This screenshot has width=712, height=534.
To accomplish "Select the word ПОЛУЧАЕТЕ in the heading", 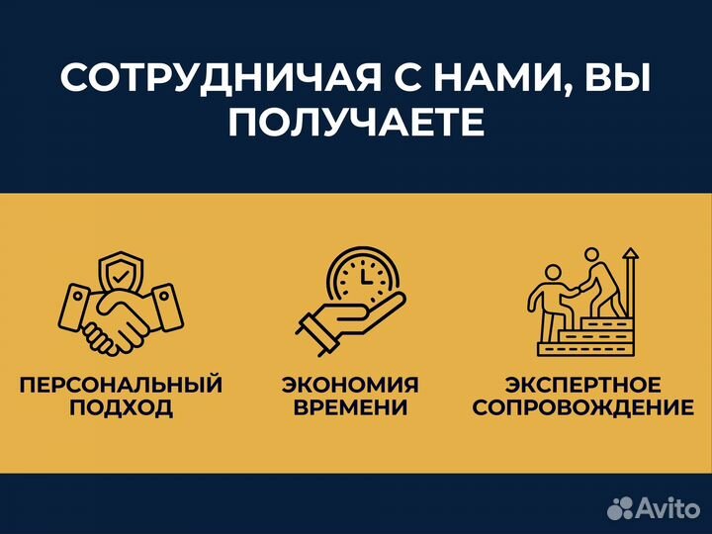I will [x=356, y=124].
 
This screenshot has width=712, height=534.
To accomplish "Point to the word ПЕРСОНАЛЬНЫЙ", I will [x=121, y=384].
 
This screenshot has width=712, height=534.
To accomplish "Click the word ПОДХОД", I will [x=121, y=407].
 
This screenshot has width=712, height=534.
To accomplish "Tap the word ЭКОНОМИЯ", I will [x=350, y=384].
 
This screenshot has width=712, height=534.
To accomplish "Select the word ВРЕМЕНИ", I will [x=350, y=407].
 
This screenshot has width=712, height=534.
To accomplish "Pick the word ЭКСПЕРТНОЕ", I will [x=582, y=384].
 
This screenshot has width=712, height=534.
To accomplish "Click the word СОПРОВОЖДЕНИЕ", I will [x=582, y=407].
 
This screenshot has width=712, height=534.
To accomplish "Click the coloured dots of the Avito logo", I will [x=620, y=508].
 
